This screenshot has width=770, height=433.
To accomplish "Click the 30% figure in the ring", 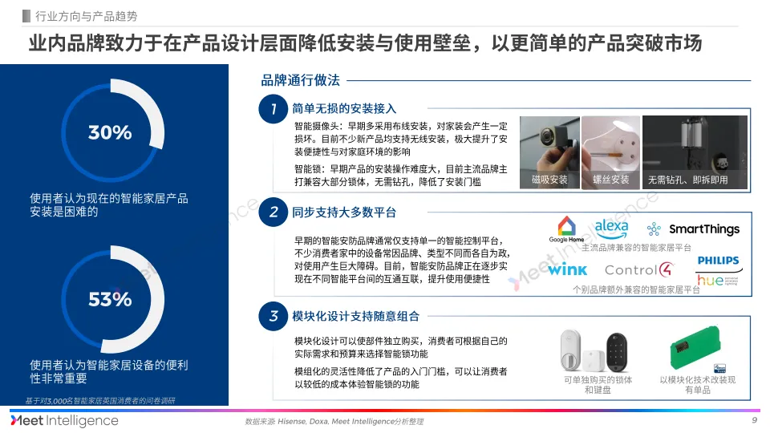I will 110,132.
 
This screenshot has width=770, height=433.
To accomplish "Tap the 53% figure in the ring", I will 110,300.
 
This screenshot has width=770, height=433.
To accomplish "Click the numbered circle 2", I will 274,212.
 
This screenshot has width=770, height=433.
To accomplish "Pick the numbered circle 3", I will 274,316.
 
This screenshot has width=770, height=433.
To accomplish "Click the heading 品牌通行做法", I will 301,80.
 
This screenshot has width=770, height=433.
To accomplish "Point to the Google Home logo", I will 566,229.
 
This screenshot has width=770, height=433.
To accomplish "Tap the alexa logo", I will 611,227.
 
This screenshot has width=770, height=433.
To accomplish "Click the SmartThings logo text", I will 703,229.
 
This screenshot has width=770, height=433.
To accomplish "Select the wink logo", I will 568,270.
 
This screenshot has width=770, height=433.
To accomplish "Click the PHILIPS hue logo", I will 718,271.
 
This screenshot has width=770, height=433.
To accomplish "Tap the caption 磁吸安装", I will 549,180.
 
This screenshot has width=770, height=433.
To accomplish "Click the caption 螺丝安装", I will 611,180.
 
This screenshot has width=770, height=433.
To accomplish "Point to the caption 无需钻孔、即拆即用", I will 688,180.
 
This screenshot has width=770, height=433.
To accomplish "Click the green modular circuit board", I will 696,350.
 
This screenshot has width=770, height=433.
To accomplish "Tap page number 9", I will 754,421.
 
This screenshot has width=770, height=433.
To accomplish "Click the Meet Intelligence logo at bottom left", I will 64,421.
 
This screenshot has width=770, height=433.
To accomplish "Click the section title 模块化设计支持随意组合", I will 355,317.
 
